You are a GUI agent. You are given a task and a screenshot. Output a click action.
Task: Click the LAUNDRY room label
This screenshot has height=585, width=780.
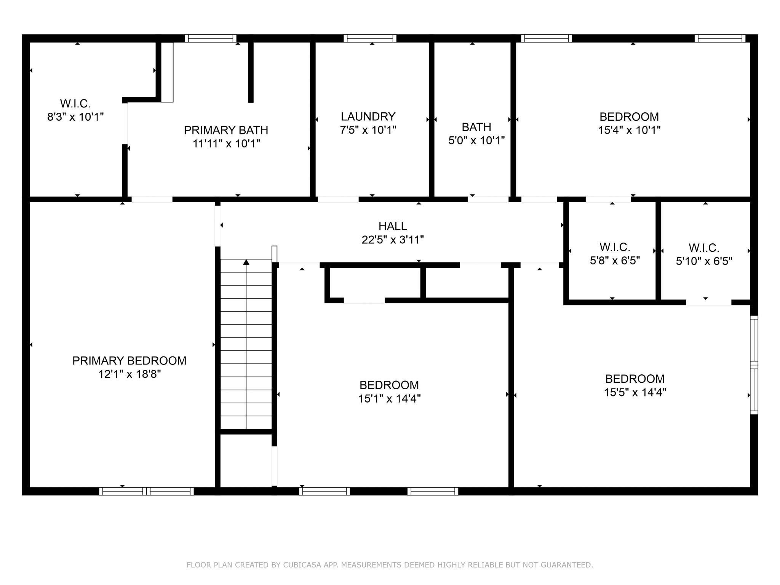click(368, 117)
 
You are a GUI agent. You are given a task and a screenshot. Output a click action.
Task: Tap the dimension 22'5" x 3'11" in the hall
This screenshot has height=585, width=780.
click(393, 240)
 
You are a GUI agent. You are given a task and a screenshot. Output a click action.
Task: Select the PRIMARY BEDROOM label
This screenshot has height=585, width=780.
click(129, 361)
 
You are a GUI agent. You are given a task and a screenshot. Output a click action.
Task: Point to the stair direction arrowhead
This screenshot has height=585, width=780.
click(246, 262)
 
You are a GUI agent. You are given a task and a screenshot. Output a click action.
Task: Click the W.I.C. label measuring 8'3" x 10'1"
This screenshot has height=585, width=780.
click(75, 104)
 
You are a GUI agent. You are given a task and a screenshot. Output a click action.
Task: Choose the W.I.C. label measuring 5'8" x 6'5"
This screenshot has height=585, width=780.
click(615, 247)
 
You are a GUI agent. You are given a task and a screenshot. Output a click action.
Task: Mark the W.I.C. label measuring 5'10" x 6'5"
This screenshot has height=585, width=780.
click(704, 248)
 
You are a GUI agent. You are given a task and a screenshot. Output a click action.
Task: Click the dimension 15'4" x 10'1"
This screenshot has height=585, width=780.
click(629, 130)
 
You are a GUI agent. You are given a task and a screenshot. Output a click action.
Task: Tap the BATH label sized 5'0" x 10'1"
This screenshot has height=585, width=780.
click(476, 127)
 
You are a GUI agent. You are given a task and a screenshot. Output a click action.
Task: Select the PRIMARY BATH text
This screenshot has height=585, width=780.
click(226, 130)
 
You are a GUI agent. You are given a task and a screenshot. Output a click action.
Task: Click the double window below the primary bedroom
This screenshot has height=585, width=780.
click(147, 491)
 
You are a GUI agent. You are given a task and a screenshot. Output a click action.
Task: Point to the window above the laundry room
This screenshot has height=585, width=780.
click(370, 38)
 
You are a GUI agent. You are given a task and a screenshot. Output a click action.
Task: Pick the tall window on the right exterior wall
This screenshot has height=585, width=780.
click(754, 365)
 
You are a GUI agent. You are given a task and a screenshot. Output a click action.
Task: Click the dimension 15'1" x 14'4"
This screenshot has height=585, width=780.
click(389, 399)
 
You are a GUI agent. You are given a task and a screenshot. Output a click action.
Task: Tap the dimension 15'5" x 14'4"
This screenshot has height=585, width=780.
click(635, 392)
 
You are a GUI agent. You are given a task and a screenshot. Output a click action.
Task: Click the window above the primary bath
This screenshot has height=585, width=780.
click(211, 38)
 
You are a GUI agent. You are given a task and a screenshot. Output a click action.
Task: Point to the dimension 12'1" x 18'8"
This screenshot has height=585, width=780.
click(129, 374)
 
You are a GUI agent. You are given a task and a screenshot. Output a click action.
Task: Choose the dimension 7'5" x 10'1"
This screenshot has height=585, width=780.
click(368, 130)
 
